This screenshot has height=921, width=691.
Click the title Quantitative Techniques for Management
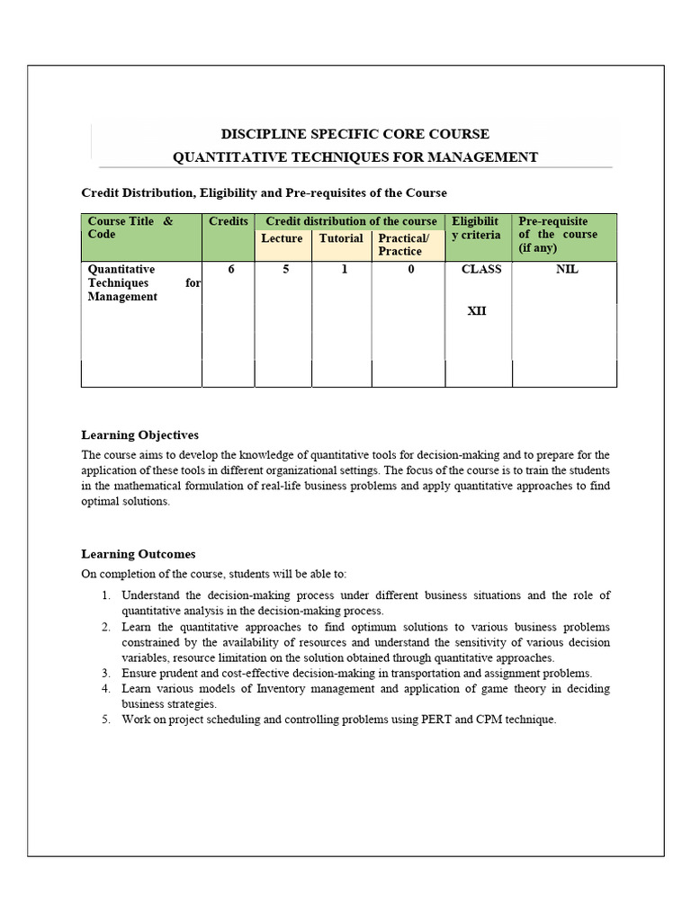pos(354,157)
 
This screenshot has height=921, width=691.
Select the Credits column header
pos(229,221)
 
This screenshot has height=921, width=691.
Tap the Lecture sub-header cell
pos(282,238)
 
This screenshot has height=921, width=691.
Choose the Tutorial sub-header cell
pos(341,238)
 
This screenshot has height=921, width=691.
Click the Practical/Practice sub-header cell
pos(404,245)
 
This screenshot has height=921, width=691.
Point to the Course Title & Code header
pos(130,228)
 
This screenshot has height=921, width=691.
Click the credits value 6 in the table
pos(231,269)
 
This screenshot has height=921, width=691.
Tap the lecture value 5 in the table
pos(285,269)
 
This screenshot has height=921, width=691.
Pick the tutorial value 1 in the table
pos(344,269)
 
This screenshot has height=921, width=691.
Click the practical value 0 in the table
pos(410,269)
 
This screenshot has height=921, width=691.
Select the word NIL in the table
pos(568,269)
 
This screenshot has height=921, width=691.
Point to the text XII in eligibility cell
pos(477,312)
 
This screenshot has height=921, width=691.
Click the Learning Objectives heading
pos(139,434)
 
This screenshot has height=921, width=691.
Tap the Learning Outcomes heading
pos(138,554)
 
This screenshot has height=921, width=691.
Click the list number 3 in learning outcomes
pos(104,673)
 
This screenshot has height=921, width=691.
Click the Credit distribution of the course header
pos(351,221)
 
